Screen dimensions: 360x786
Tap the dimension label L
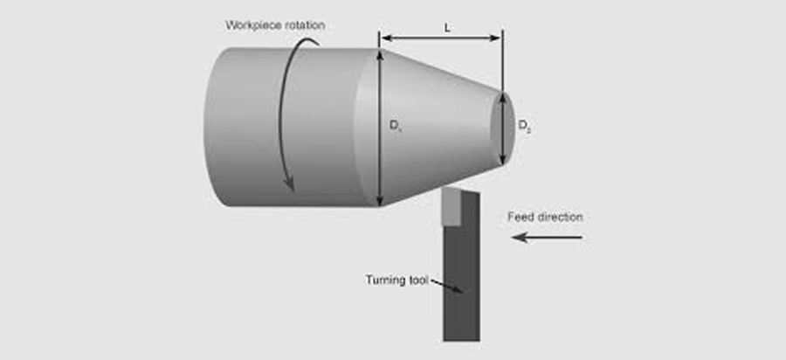tap(447, 27)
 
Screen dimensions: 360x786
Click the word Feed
tap(521, 216)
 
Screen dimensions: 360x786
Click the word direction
tap(561, 216)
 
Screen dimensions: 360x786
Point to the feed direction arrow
tap(546, 237)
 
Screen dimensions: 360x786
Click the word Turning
tap(385, 280)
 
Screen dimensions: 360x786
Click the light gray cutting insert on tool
tap(452, 207)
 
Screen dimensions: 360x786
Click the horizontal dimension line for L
tap(441, 38)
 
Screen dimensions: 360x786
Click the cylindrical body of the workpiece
tap(262, 131)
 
